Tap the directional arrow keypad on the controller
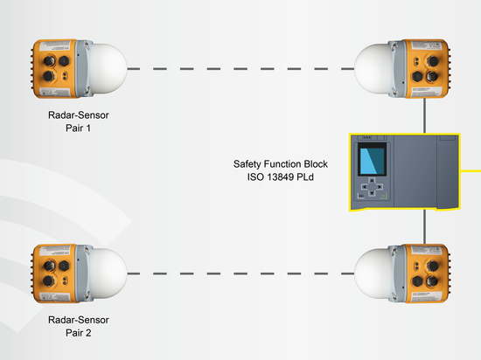(372, 187)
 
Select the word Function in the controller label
(282, 164)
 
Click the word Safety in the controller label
(247, 164)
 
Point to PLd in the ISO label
(305, 177)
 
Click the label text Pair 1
(78, 128)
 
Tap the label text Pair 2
(78, 333)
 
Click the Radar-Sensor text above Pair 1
(79, 115)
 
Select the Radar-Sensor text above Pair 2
(79, 320)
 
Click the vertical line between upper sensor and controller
(424, 115)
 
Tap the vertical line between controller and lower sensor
(424, 227)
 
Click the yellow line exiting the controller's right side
(471, 171)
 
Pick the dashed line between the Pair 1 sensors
(240, 69)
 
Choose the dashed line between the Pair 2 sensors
(240, 273)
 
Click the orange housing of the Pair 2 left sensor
(54, 273)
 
